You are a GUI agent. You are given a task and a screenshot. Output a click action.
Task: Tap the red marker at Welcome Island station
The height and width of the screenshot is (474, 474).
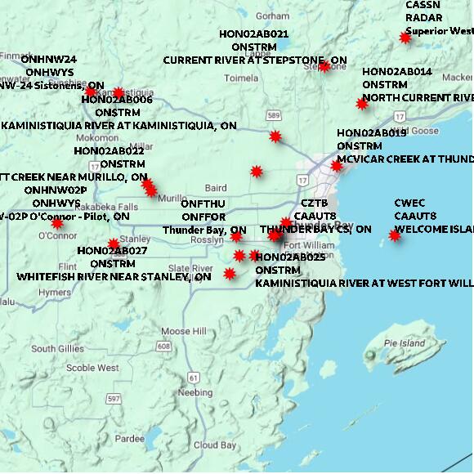395,235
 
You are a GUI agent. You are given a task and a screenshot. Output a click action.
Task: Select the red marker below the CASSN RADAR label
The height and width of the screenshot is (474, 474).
405,37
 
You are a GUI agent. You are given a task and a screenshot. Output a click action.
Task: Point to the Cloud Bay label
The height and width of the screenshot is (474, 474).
214,445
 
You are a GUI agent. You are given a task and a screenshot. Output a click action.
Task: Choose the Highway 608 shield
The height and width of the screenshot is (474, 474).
164,347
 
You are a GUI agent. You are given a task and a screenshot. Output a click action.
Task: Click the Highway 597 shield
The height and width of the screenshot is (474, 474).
113,398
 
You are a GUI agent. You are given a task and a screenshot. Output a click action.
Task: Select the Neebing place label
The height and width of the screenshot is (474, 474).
195,392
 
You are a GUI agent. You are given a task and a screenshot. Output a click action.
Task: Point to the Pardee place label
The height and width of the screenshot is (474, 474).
129,438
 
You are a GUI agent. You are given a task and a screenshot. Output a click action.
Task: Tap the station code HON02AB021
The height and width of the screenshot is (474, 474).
253,34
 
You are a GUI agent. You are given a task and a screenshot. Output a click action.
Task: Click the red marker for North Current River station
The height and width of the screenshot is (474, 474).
362,103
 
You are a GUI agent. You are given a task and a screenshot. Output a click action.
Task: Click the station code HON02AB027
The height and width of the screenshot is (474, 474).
112,251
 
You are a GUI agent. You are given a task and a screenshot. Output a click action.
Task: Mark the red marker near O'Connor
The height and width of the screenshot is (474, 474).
57,223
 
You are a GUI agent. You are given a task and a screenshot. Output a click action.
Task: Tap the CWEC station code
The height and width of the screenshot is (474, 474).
409,203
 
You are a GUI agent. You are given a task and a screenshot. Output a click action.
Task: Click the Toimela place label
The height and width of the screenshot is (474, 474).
241,78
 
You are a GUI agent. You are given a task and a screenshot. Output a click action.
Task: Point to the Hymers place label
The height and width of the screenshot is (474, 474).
55,292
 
